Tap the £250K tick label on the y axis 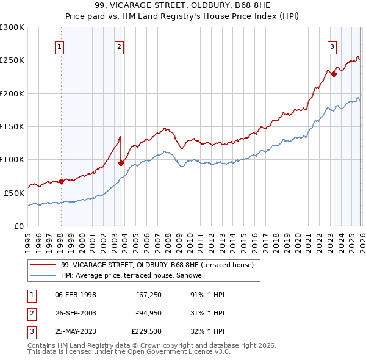click(x=12, y=60)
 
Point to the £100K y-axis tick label click(x=12, y=159)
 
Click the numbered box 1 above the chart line click(x=60, y=46)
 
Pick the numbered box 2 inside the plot click(x=120, y=46)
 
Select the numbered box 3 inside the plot click(x=332, y=46)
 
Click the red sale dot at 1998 click(x=61, y=181)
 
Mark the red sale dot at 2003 click(x=121, y=163)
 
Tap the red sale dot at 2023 click(x=334, y=74)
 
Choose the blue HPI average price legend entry click(x=141, y=276)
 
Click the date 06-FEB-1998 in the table click(x=76, y=295)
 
